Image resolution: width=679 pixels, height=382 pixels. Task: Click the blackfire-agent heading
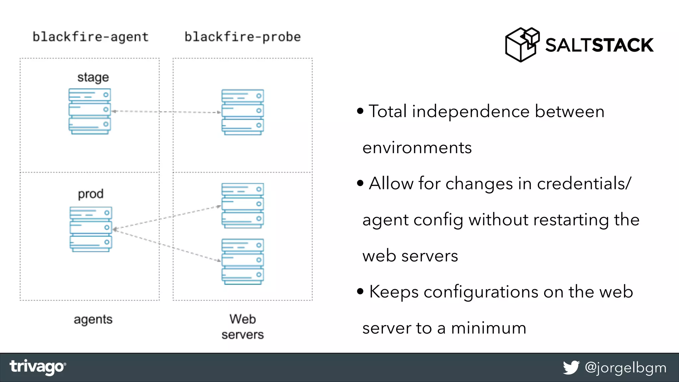(x=91, y=37)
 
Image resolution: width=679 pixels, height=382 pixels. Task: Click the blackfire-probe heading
(x=242, y=37)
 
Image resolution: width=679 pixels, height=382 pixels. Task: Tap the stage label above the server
(x=93, y=78)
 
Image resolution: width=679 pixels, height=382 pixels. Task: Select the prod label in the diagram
(x=91, y=194)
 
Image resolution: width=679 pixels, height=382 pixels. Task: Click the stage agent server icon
(x=90, y=111)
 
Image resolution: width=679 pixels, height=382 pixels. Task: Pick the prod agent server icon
(x=91, y=229)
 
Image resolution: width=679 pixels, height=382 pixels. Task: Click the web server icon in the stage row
(x=242, y=112)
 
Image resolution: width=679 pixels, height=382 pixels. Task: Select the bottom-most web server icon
(x=242, y=262)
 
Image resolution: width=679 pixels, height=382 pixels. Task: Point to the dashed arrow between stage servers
(x=166, y=112)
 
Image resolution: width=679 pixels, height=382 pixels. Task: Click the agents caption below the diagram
(x=93, y=320)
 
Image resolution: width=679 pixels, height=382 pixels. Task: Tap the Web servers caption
(x=242, y=327)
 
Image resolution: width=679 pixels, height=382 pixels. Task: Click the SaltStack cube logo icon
(x=522, y=45)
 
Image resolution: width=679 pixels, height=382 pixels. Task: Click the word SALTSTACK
(x=599, y=45)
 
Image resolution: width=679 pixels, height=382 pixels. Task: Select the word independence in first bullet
(x=470, y=111)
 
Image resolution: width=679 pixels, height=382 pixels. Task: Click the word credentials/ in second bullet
(x=584, y=183)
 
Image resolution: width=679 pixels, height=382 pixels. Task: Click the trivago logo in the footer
(x=37, y=367)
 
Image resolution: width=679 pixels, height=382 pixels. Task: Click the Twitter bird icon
(x=571, y=367)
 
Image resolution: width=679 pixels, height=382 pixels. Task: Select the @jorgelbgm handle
(x=625, y=368)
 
